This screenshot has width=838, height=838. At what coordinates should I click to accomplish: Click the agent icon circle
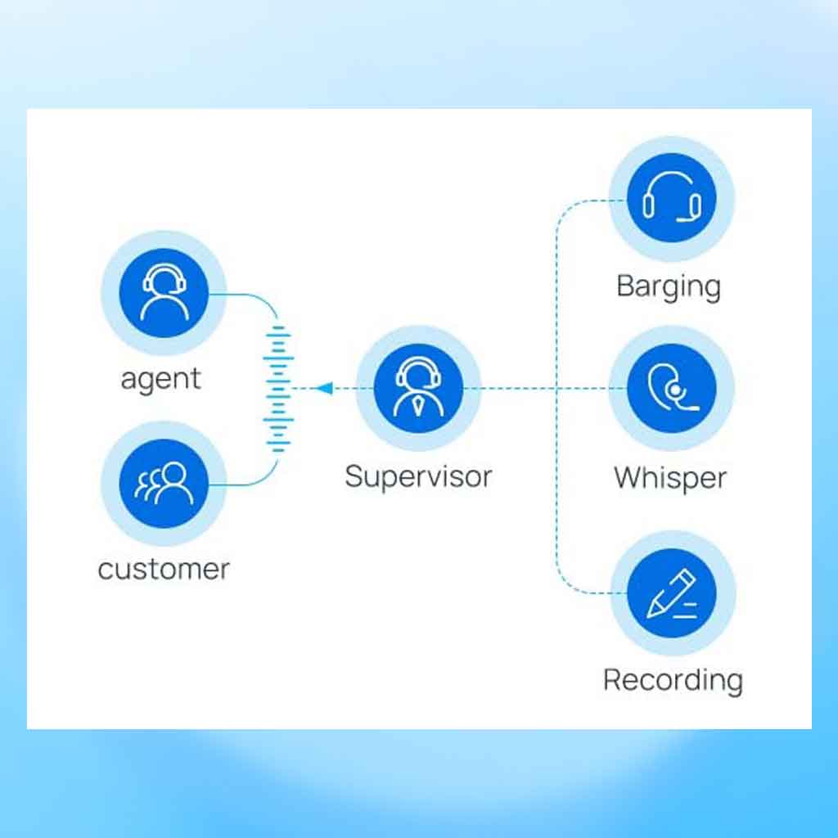pyautogui.click(x=164, y=293)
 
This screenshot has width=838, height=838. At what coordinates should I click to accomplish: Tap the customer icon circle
pyautogui.click(x=164, y=484)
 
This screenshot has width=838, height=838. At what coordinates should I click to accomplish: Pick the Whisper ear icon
pyautogui.click(x=673, y=387)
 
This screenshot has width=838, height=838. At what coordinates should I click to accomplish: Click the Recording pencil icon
pyautogui.click(x=672, y=594)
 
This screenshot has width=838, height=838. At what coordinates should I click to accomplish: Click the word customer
pyautogui.click(x=164, y=570)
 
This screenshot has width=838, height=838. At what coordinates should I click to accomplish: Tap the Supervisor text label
pyautogui.click(x=418, y=477)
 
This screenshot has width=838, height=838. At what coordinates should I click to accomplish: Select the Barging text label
pyautogui.click(x=669, y=287)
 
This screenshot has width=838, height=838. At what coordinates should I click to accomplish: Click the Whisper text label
pyautogui.click(x=670, y=478)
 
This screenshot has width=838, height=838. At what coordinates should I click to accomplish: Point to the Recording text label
pyautogui.click(x=673, y=681)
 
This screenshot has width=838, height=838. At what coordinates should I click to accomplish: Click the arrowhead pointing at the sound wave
pyautogui.click(x=324, y=389)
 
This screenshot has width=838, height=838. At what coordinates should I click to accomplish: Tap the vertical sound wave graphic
pyautogui.click(x=278, y=389)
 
